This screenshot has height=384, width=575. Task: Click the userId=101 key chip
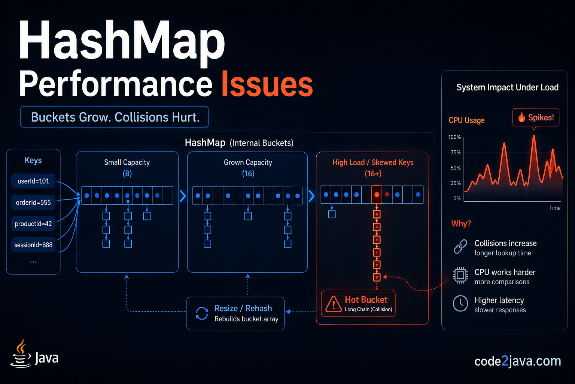tap(33, 181)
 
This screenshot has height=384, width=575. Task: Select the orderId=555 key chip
tap(33, 202)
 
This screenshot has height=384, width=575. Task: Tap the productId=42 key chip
tap(33, 224)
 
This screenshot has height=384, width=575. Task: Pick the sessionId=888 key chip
tap(33, 245)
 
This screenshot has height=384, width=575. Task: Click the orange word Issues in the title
tap(267, 84)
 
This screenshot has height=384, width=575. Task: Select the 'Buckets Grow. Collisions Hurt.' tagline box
tap(115, 117)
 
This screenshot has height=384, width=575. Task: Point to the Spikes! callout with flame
tap(536, 117)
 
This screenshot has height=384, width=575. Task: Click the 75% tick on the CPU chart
tap(456, 153)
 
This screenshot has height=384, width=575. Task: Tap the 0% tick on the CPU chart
tap(457, 198)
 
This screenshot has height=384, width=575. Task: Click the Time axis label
tap(554, 208)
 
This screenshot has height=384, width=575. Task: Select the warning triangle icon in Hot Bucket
tap(333, 304)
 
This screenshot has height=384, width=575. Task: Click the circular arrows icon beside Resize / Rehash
tap(202, 313)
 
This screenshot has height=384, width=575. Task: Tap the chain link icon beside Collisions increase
tap(460, 247)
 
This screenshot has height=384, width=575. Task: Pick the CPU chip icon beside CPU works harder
tap(460, 276)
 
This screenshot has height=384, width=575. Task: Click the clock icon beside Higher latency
tap(460, 304)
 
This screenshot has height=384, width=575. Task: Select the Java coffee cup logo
tap(21, 354)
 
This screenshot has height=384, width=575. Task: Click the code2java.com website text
tap(517, 361)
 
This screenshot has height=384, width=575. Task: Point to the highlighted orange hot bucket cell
tap(377, 195)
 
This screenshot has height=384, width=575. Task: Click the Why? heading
tap(461, 224)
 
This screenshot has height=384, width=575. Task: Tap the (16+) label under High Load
tap(373, 174)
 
